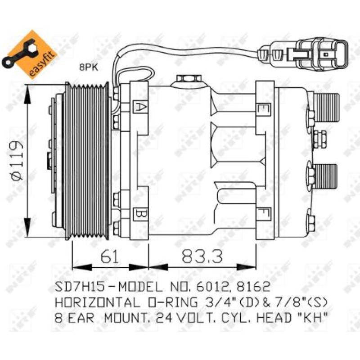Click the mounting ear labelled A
click(140, 107)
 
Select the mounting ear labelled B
click(140, 211)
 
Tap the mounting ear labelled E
click(261, 108)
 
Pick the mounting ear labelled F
click(261, 211)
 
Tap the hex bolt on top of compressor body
click(185, 80)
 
